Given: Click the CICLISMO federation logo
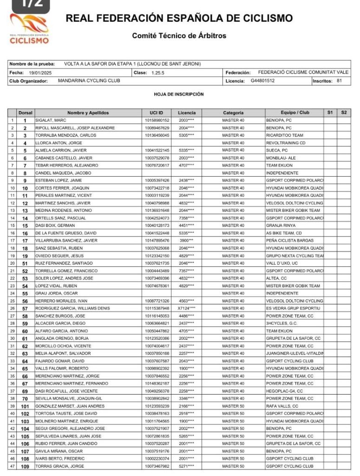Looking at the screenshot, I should tap(29, 29).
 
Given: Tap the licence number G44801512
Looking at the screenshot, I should tap(262, 80).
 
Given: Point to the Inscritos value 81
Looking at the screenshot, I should tap(340, 80).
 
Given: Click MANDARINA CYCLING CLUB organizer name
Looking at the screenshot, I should tap(89, 80).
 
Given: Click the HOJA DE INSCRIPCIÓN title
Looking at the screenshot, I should tap(179, 94).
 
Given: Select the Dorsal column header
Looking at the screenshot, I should tap(25, 112).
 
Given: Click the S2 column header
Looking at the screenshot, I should tap(344, 112).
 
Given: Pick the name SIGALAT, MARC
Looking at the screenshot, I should tap(51, 120).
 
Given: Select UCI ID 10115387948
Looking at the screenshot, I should tap(157, 308).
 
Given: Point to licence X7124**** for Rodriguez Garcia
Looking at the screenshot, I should tap(186, 308).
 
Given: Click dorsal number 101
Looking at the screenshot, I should tap(25, 406).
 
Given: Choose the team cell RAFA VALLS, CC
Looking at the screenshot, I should tap(282, 406).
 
